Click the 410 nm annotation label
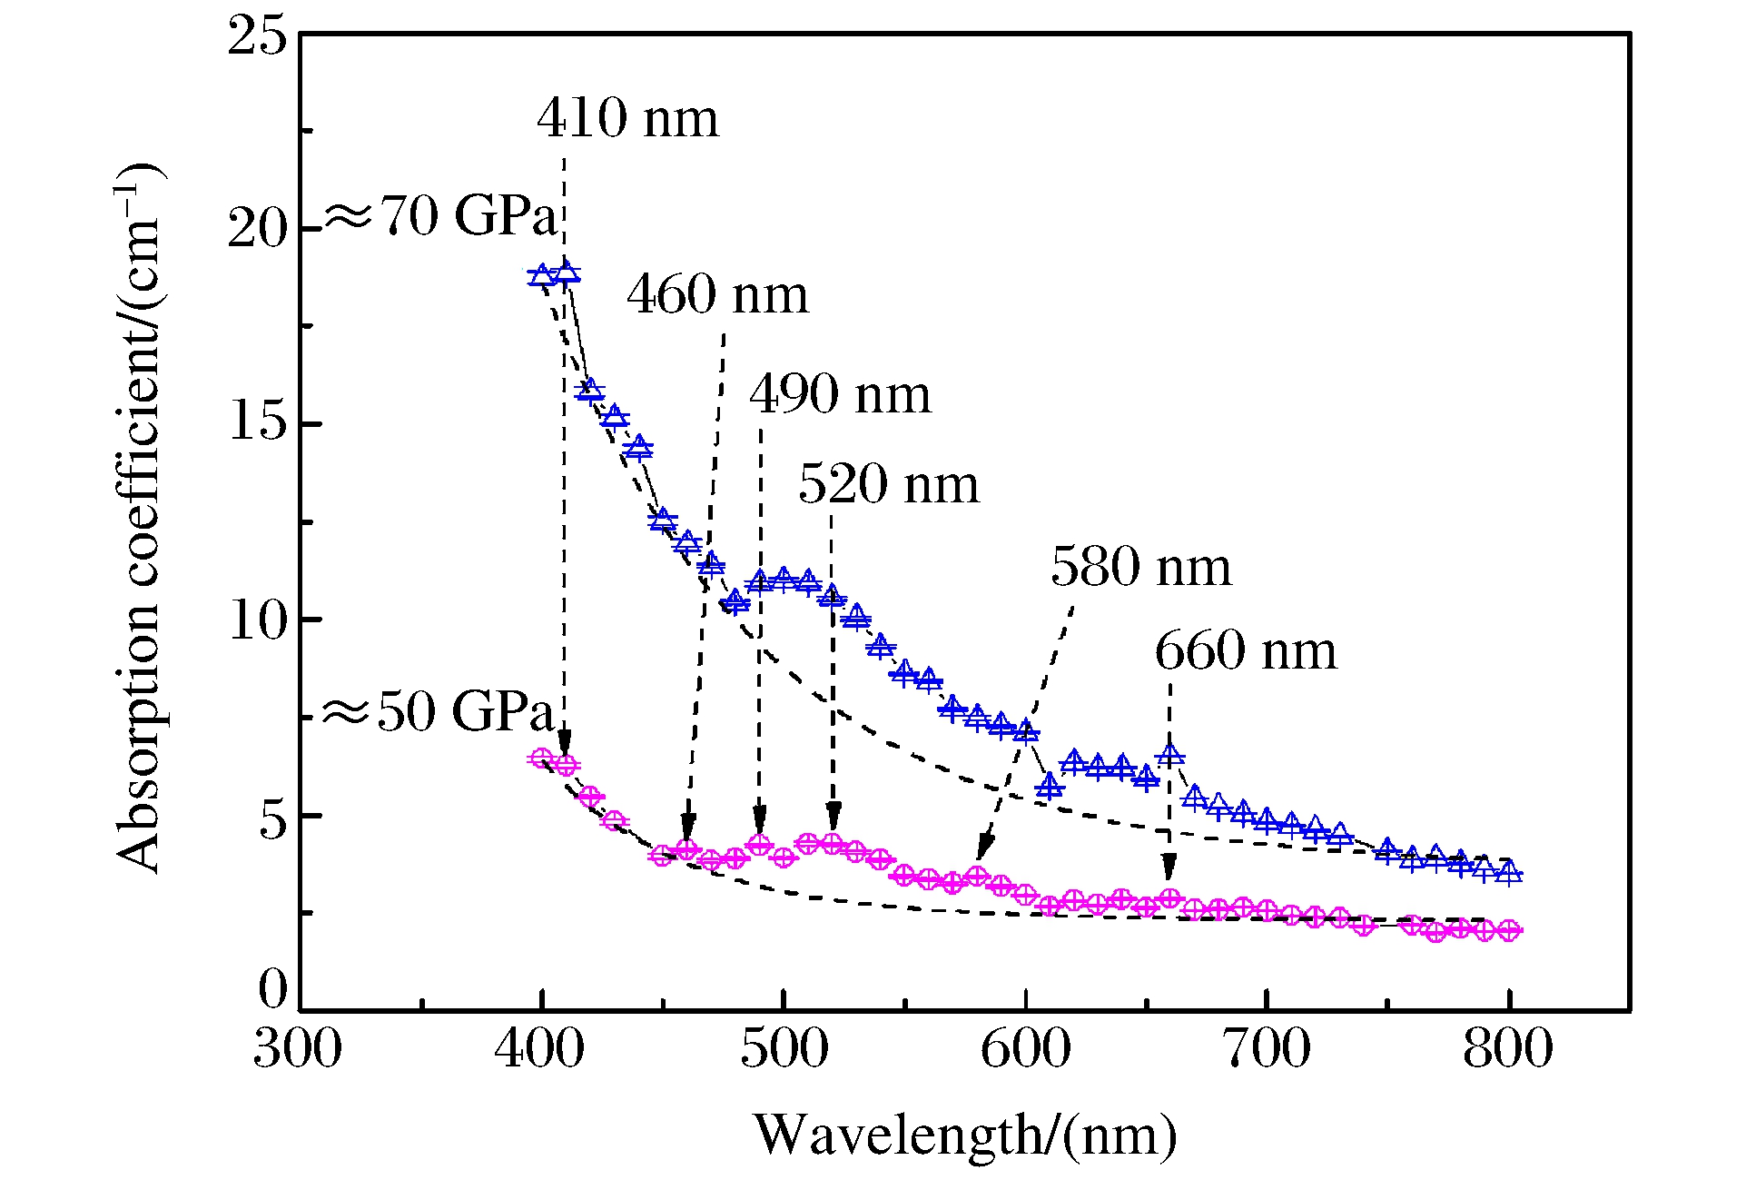tap(627, 119)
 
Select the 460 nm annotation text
tap(717, 295)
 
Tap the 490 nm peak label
tap(840, 395)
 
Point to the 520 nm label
tap(889, 484)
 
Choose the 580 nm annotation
tap(1141, 568)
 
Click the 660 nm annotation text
tap(1246, 652)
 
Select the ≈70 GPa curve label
tap(440, 217)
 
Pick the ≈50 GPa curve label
tap(439, 711)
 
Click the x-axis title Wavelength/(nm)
tap(965, 1135)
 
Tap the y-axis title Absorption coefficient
tap(138, 518)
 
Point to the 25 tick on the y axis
tap(257, 37)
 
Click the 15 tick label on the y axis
tap(257, 423)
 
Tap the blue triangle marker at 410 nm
tap(567, 273)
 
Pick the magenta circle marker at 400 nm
tap(542, 759)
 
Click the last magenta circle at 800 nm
tap(1509, 930)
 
